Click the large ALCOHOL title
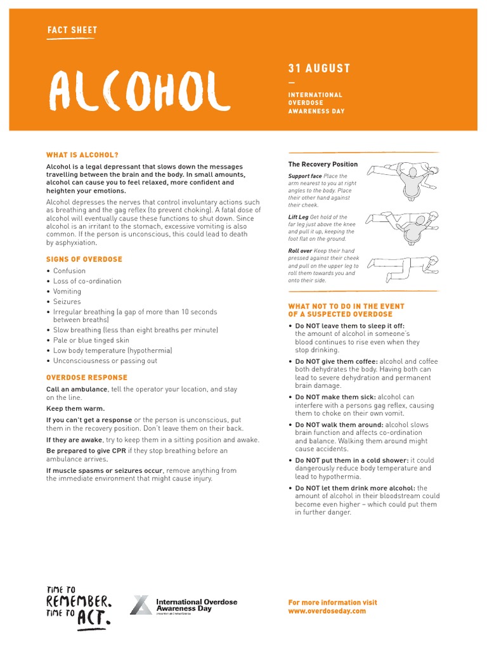point(139,91)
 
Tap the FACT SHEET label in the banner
point(72,30)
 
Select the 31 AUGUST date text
point(319,68)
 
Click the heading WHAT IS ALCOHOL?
point(82,155)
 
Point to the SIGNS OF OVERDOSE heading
point(84,259)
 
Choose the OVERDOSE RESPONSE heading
point(86,378)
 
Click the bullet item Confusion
point(69,271)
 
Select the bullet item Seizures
point(67,302)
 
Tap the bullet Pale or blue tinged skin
point(91,340)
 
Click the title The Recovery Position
point(323,164)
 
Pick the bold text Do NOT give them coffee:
point(336,361)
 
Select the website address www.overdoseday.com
point(327,611)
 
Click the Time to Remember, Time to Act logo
point(79,606)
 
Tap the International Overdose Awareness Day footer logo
point(183,605)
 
